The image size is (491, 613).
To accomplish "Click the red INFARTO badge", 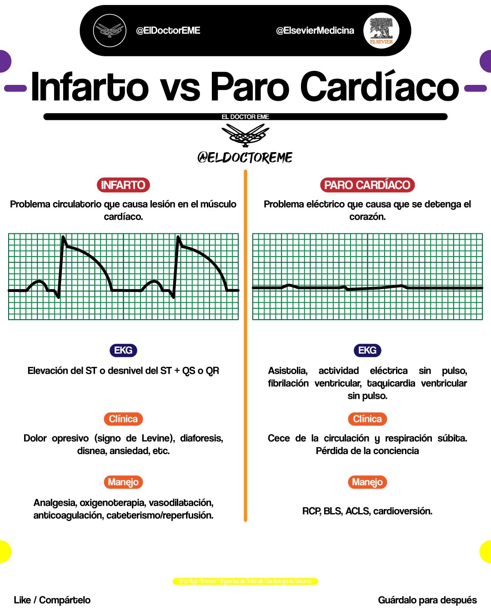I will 123,185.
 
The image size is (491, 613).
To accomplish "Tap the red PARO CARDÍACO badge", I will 367,185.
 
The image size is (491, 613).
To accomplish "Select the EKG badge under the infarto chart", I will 123,351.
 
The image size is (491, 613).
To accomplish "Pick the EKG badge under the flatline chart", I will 367,351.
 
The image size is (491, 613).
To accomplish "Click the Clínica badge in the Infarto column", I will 123,419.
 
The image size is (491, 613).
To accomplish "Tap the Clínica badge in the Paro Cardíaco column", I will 367,419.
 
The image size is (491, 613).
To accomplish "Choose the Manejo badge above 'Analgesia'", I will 123,482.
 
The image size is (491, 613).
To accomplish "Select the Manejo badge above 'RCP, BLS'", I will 367,482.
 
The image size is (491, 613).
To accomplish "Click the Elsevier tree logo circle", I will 381,30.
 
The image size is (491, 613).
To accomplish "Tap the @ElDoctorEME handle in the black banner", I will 168,30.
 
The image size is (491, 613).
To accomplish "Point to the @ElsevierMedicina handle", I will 315,30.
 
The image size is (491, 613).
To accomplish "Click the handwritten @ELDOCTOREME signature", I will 245,158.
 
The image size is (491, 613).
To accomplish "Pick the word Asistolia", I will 287,371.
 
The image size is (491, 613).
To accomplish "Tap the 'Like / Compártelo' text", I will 52,600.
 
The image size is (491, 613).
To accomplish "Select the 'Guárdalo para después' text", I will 427,600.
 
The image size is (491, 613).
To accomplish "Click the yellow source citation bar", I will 245,581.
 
